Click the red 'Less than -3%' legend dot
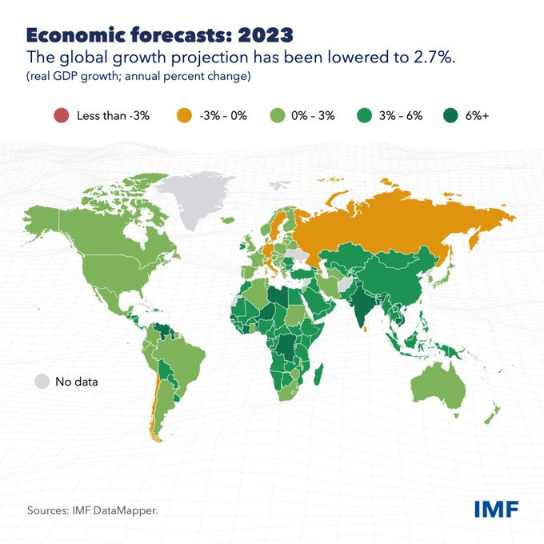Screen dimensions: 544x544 click(x=62, y=115)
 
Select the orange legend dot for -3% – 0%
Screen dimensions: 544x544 click(x=184, y=115)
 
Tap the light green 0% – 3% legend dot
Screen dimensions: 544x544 click(x=278, y=115)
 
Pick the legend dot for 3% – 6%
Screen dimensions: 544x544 click(x=364, y=115)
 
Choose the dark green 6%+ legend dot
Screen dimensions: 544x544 click(x=450, y=115)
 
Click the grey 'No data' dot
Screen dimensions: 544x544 click(x=42, y=382)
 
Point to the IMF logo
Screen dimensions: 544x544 click(x=497, y=509)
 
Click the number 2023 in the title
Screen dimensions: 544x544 click(x=266, y=35)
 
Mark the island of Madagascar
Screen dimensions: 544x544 click(x=318, y=374)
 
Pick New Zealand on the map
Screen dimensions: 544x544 click(x=491, y=415)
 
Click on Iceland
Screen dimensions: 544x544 click(x=227, y=220)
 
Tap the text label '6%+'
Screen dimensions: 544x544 click(x=477, y=116)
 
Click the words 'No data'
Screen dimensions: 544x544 click(x=77, y=382)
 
